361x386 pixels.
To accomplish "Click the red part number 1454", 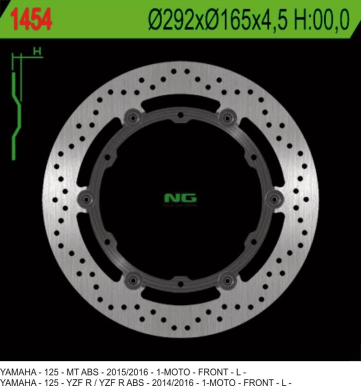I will [32, 20].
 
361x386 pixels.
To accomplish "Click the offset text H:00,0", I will [322, 20].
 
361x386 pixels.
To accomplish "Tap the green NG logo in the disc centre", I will [180, 198].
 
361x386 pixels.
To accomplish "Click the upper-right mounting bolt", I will [227, 117].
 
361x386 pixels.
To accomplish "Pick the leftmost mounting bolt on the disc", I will [86, 198].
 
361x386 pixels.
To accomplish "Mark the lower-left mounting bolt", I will [133, 280].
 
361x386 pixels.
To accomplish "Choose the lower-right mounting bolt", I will [227, 280].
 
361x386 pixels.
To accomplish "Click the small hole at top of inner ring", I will [180, 115].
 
